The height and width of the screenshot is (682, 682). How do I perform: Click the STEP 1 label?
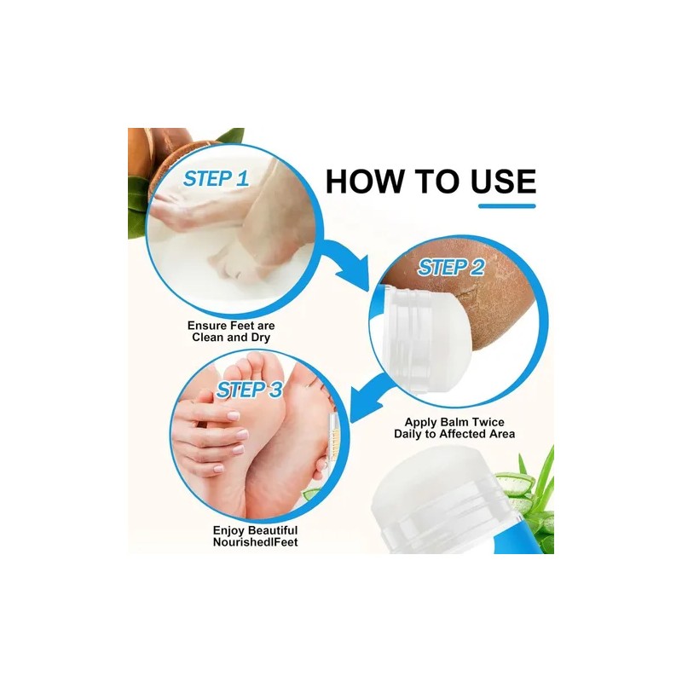(217, 179)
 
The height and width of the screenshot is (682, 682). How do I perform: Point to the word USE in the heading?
(497, 182)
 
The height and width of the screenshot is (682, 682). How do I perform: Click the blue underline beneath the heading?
(506, 205)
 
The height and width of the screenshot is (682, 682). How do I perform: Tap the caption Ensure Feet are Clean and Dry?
(231, 332)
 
